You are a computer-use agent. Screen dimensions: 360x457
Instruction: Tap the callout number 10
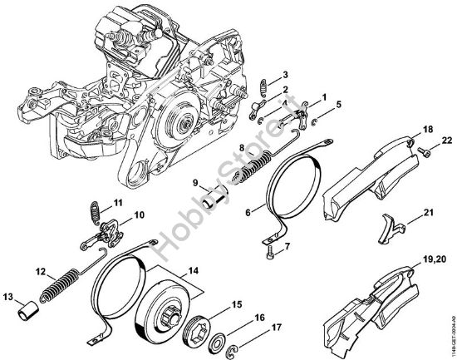[x=139, y=215]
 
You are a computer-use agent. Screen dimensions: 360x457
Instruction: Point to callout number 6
[x=248, y=213]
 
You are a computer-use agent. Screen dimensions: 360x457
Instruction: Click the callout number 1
[x=323, y=98]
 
